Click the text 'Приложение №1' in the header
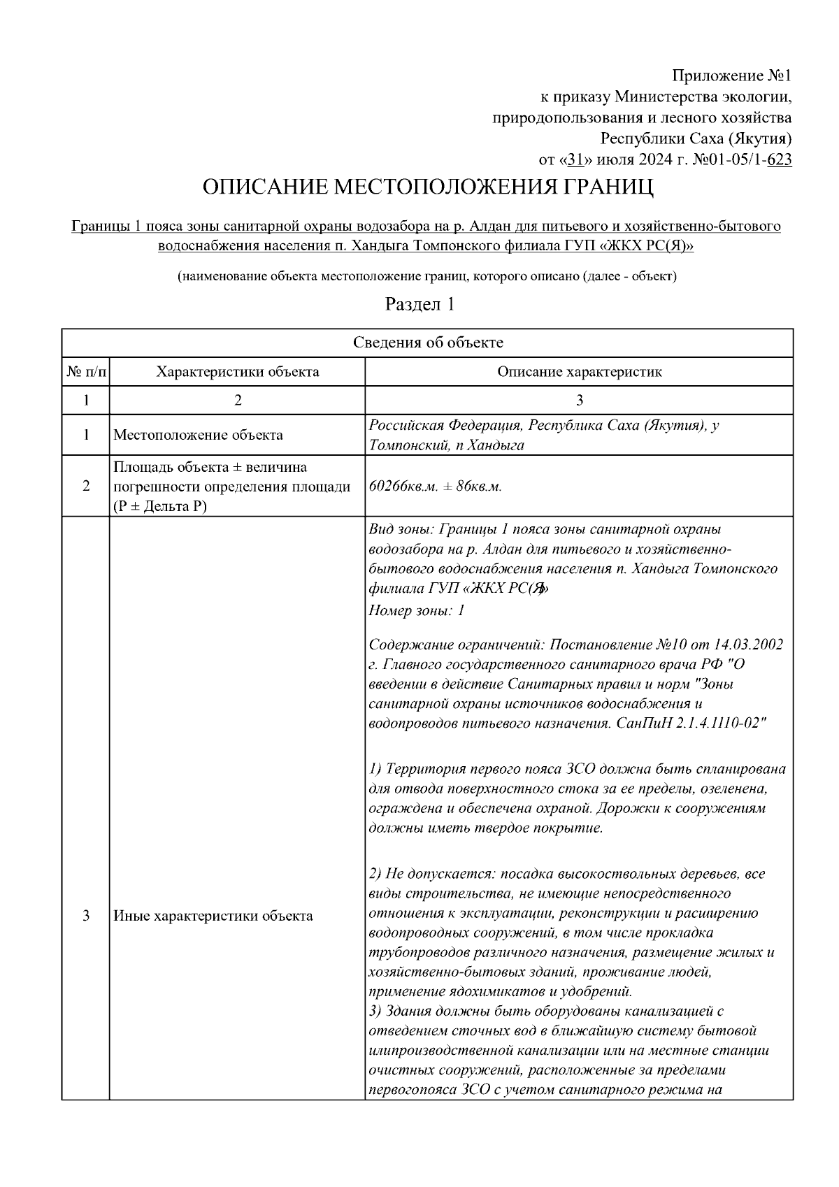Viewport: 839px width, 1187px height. tap(731, 75)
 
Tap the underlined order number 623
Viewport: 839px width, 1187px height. tap(779, 160)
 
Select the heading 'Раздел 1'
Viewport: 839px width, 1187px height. tap(420, 304)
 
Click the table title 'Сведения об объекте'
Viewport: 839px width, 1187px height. tap(427, 343)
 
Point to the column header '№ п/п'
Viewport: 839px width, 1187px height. tap(86, 372)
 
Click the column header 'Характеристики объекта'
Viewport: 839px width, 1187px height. tap(238, 372)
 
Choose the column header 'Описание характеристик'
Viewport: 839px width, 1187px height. tap(579, 372)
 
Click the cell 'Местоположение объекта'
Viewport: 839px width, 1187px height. tap(198, 435)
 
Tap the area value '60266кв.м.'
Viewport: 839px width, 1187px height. tap(401, 487)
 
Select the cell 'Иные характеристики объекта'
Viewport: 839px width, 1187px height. tap(213, 916)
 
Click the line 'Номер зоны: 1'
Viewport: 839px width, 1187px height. tap(417, 611)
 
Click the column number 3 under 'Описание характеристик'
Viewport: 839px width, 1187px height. tap(579, 401)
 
